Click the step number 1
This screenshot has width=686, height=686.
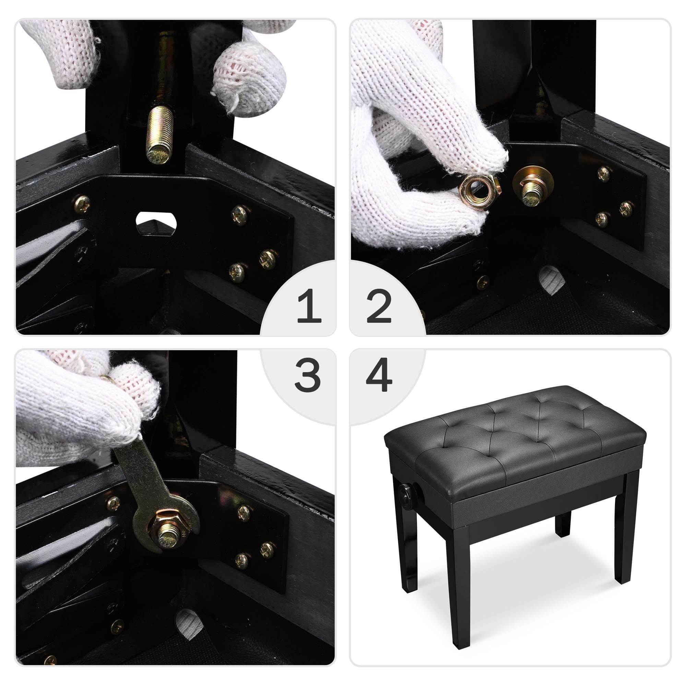pos(309,305)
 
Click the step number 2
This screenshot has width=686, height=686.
pos(379,306)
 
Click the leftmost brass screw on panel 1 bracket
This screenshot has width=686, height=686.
pos(82,204)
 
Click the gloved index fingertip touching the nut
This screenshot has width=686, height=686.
pos(495,158)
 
